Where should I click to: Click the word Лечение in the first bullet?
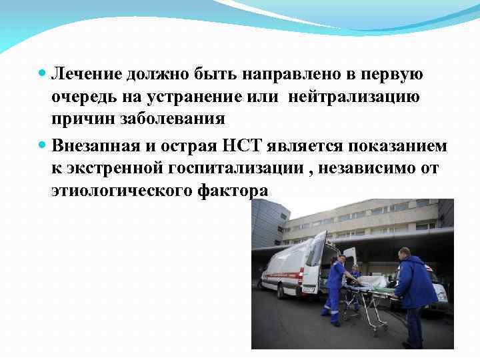(85, 75)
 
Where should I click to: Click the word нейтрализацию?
(354, 97)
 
